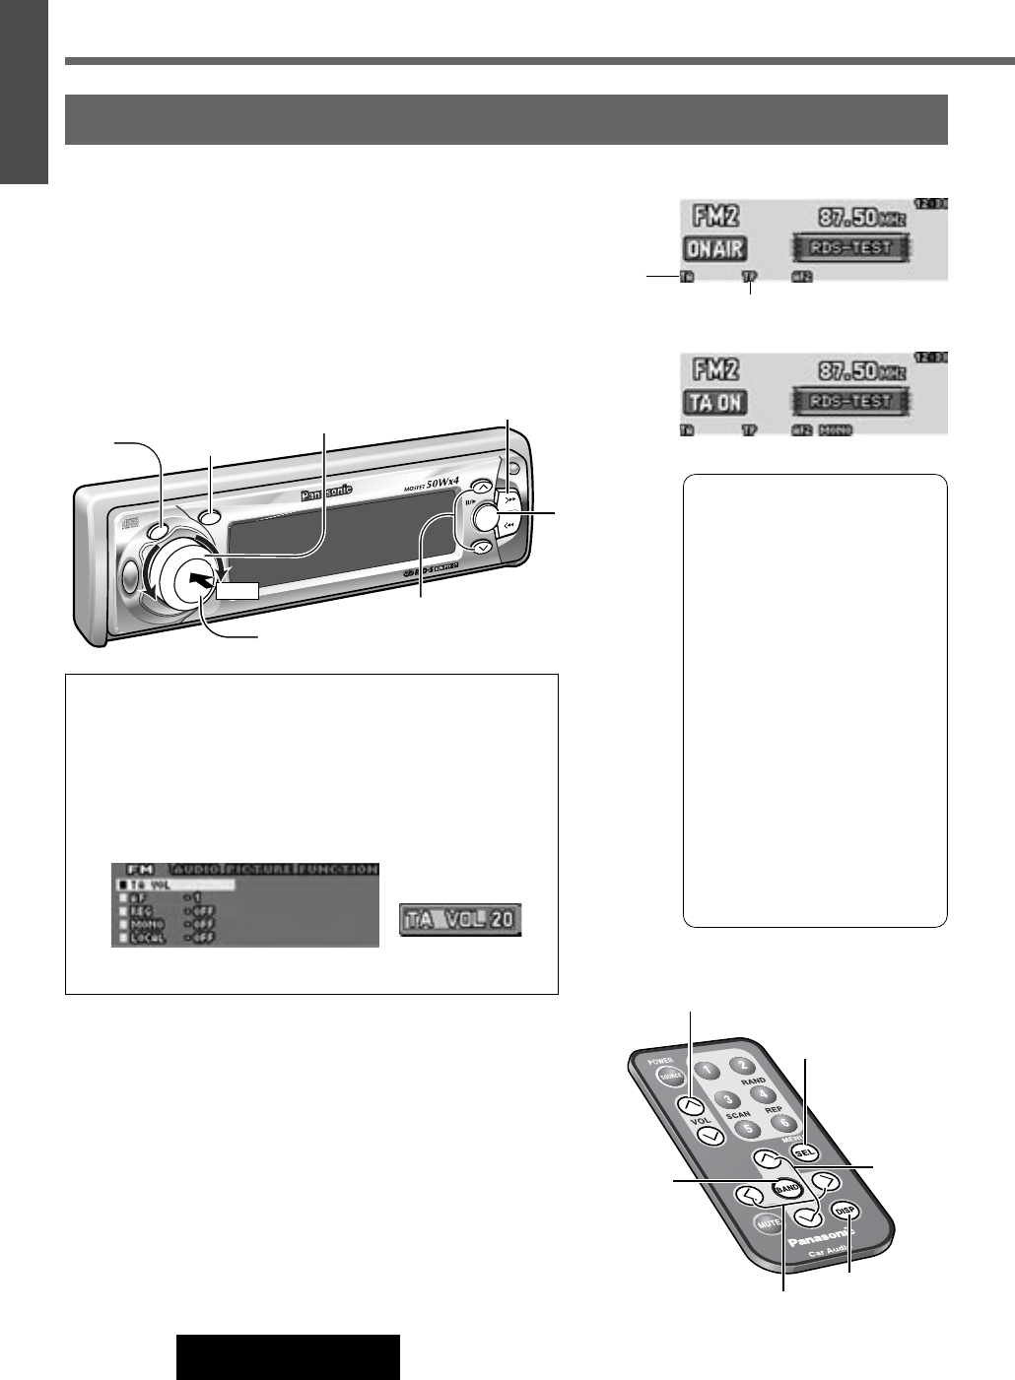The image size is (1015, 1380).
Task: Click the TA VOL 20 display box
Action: point(461,920)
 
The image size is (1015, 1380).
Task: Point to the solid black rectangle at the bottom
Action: point(288,1356)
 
